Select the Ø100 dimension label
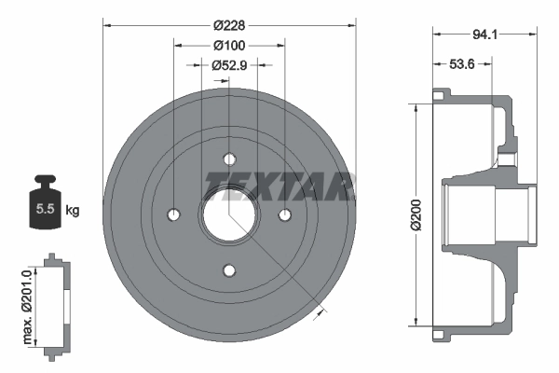228,45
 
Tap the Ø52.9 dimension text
228,65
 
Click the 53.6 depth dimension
463,65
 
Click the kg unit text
72,211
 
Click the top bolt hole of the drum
229,158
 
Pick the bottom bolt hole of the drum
229,271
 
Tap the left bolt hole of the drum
172,214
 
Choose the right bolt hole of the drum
286,214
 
